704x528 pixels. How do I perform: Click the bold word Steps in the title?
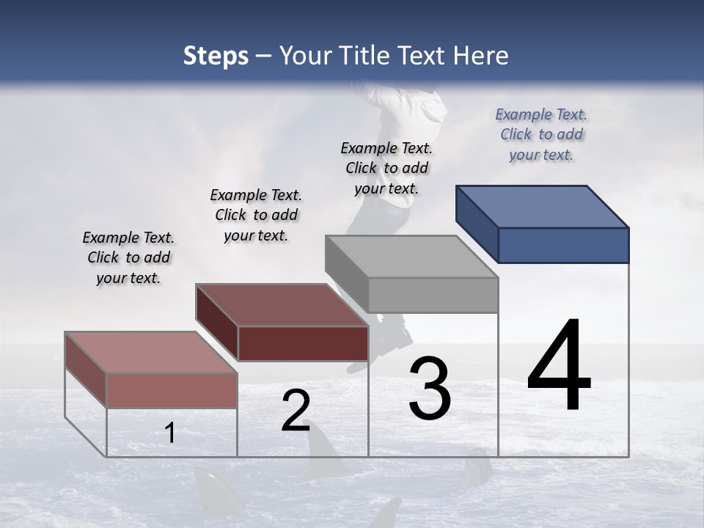point(216,56)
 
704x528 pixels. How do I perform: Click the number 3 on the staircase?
point(430,389)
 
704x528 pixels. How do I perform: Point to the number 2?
point(296,411)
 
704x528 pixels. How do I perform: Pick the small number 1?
point(169,433)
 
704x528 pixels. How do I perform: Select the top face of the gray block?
point(411,257)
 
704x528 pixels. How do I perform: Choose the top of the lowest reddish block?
point(150,352)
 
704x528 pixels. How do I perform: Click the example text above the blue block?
point(541,134)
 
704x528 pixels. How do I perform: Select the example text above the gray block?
point(386,168)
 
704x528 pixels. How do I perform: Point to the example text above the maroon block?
point(256,215)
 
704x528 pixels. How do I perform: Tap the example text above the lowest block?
point(128,257)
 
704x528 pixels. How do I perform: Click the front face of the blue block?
point(563,245)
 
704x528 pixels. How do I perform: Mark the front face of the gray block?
point(433,295)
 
